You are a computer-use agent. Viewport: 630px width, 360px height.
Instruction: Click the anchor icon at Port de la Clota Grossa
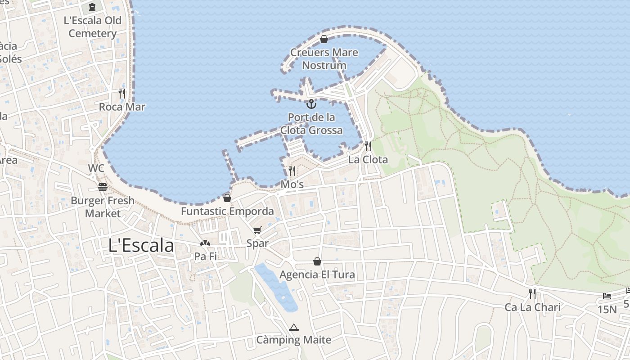[x=311, y=104]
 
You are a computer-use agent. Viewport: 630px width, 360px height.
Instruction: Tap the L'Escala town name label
[x=141, y=246]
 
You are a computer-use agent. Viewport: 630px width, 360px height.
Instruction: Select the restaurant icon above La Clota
[x=368, y=146]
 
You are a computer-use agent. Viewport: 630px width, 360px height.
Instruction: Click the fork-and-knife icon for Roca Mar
[x=122, y=93]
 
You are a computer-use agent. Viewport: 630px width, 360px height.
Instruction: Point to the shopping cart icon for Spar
[x=257, y=230]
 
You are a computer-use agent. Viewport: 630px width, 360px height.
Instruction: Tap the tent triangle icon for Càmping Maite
[x=294, y=327]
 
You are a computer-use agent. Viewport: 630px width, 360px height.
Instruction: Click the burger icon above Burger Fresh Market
[x=103, y=187]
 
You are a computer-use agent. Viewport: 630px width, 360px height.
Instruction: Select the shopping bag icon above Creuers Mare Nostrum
[x=324, y=39]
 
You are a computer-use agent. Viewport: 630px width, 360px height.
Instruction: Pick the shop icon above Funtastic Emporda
[x=227, y=198]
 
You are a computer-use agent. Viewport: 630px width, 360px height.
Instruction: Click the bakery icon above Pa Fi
[x=205, y=243]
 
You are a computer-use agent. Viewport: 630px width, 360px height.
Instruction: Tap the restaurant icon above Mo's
[x=292, y=171]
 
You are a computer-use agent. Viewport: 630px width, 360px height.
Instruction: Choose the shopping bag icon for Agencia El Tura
[x=317, y=261]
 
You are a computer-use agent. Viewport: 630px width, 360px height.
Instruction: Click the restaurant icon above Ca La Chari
[x=532, y=294]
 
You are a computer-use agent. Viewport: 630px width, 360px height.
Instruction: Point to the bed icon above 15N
[x=607, y=296]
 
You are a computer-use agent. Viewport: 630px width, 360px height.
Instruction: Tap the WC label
[x=96, y=168]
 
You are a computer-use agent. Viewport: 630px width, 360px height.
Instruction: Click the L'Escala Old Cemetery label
[x=93, y=27]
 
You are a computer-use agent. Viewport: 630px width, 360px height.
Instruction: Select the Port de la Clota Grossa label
[x=311, y=124]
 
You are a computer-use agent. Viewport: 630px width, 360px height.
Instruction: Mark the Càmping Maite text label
[x=294, y=340]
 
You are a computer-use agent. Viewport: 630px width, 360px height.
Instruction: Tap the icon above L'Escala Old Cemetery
[x=92, y=7]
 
